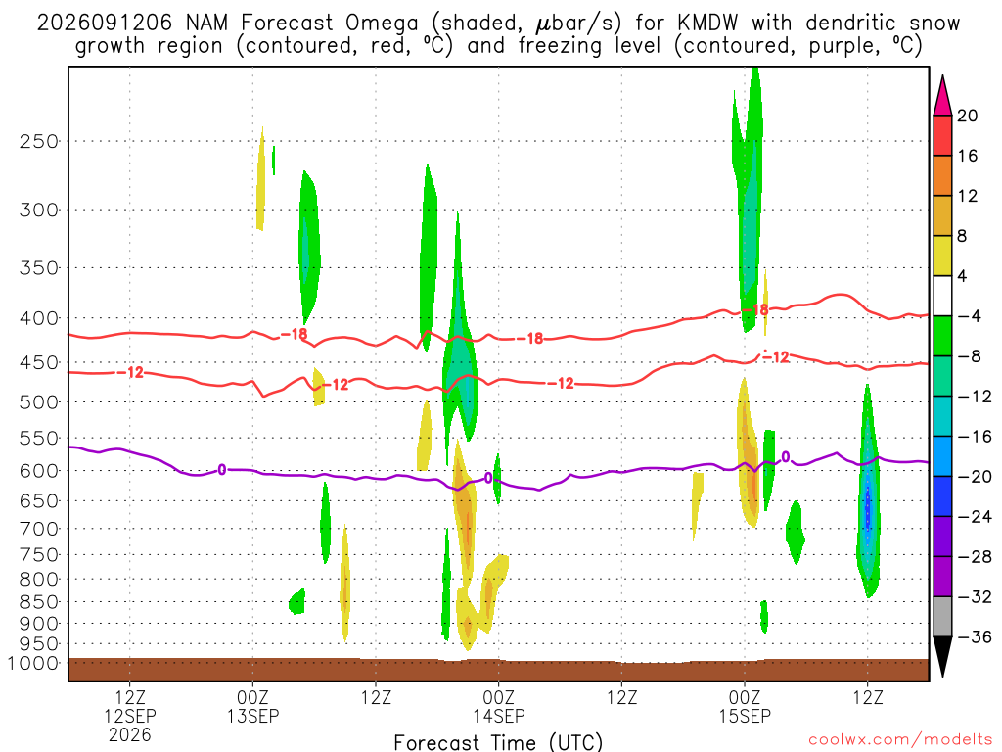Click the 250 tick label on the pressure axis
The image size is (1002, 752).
39,141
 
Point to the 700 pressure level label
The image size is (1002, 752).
39,529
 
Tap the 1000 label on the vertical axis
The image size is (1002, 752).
32,663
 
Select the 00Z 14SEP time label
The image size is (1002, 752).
498,706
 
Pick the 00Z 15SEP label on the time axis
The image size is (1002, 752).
745,706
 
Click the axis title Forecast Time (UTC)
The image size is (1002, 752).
498,742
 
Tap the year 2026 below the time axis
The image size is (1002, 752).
130,734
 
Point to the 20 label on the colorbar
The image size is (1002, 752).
967,116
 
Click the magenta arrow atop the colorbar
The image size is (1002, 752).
942,95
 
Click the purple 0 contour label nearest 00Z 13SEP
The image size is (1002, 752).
222,470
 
